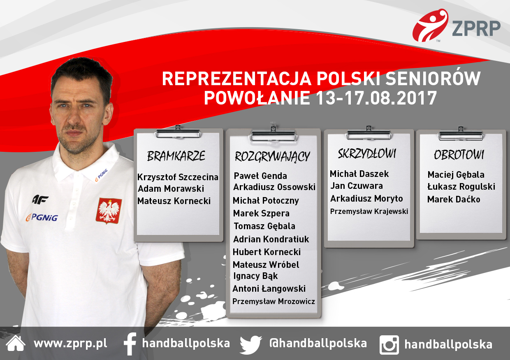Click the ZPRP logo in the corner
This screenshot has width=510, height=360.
(457, 27)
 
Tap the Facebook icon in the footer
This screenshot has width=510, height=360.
(130, 344)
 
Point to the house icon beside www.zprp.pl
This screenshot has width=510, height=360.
(16, 344)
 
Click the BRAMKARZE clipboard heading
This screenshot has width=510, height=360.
(176, 156)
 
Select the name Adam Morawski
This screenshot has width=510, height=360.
(171, 189)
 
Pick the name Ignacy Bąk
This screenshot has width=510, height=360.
(255, 276)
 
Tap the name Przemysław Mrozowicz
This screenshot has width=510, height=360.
(274, 301)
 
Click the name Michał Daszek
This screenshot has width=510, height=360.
(359, 174)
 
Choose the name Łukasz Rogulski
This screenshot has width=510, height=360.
(461, 187)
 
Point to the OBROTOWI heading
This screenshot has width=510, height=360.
(459, 155)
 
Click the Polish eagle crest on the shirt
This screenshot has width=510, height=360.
(109, 210)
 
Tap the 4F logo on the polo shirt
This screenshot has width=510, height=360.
(40, 200)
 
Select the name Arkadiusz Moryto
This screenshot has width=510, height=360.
(366, 199)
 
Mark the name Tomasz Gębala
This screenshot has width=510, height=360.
(264, 226)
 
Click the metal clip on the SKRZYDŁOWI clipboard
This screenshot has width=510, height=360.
(369, 134)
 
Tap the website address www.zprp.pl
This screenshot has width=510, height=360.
(70, 344)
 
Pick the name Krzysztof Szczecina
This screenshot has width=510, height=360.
(178, 177)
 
